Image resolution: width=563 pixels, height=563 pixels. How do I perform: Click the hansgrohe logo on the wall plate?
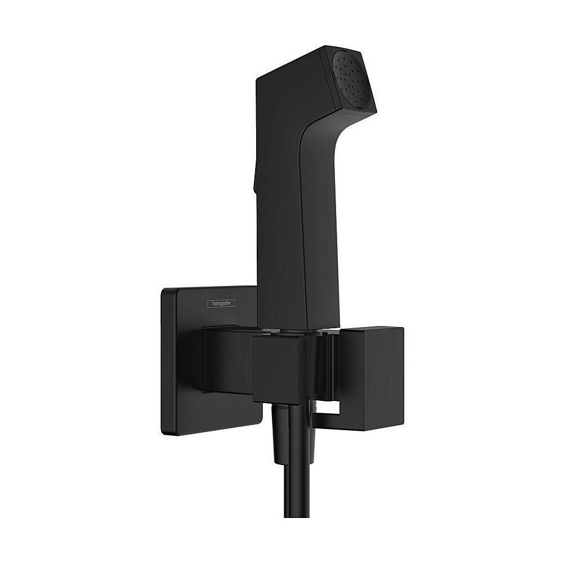(x=223, y=303)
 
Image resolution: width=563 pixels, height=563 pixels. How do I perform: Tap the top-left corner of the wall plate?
(x=164, y=291)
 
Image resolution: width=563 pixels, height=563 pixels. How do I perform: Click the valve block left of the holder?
(x=225, y=360)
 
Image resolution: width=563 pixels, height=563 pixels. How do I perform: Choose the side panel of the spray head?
(x=293, y=84)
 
